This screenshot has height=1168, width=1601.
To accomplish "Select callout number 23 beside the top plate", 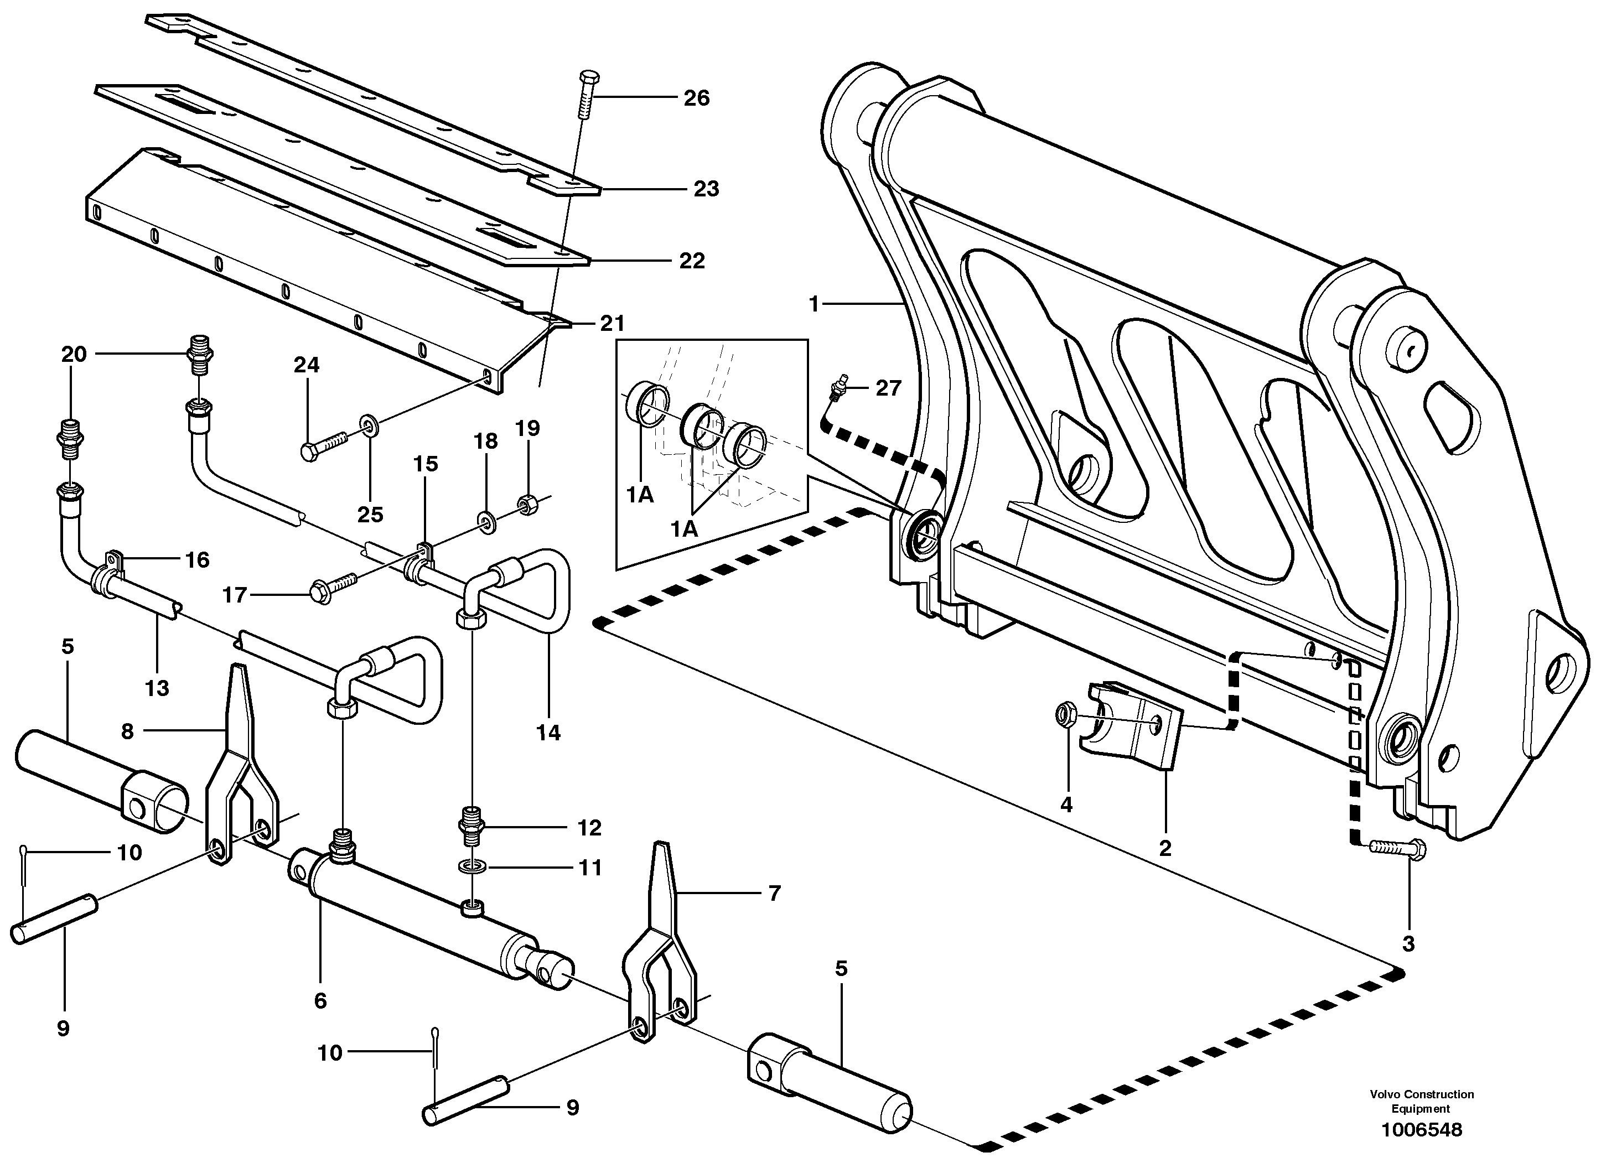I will (706, 189).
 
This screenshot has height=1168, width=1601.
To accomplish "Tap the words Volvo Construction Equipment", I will (1421, 1102).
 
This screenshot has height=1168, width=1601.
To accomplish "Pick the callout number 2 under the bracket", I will (1165, 847).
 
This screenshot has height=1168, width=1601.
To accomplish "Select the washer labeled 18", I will (486, 522).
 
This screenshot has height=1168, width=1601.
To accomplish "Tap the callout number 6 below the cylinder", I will (320, 1000).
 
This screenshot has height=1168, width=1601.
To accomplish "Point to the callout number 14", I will (548, 733).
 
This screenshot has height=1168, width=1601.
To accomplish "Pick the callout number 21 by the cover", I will (613, 323).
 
